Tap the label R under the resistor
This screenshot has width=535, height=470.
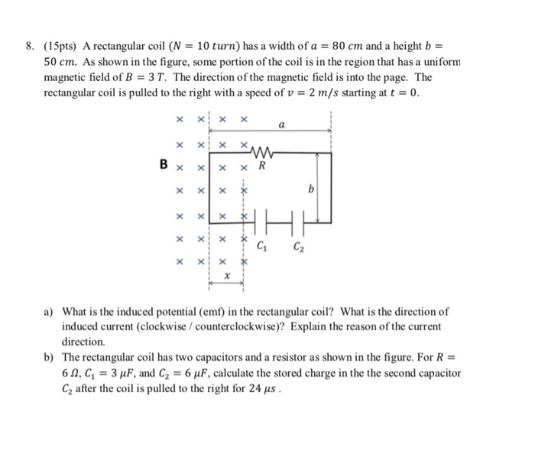262,165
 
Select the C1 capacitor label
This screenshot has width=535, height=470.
263,245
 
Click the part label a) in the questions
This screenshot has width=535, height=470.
48,312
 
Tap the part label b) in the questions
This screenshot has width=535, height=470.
48,358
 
